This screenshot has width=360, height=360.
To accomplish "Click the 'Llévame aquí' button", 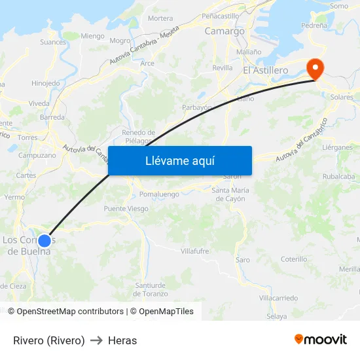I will click(x=179, y=160).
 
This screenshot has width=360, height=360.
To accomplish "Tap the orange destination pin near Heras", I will click(x=315, y=69).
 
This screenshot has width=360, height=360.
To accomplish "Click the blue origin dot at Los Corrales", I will click(x=45, y=240).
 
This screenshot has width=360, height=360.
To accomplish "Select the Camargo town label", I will click(x=225, y=31).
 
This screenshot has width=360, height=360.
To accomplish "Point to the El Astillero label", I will click(x=265, y=70).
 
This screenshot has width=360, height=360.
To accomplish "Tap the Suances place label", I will click(x=53, y=42).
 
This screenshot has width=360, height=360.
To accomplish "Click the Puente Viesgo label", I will click(x=126, y=209).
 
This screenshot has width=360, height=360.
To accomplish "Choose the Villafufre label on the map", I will click(x=194, y=251).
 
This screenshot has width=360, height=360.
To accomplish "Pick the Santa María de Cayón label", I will click(x=230, y=194).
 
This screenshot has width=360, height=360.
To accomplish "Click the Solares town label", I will click(x=342, y=97).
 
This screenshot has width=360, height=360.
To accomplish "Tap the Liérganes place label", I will click(x=338, y=148).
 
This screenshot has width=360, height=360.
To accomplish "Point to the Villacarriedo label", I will click(x=279, y=297).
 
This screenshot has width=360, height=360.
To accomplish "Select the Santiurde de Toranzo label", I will click(x=151, y=289).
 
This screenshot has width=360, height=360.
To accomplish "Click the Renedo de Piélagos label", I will click(x=139, y=136).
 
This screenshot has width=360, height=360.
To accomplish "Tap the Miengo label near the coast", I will click(x=92, y=36).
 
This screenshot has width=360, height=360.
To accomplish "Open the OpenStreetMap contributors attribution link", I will click(x=70, y=312).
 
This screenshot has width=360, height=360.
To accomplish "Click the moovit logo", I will click(x=320, y=339).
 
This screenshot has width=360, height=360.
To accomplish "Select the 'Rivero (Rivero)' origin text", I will click(x=49, y=340).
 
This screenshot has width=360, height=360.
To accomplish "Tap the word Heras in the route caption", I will click(x=122, y=340).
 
